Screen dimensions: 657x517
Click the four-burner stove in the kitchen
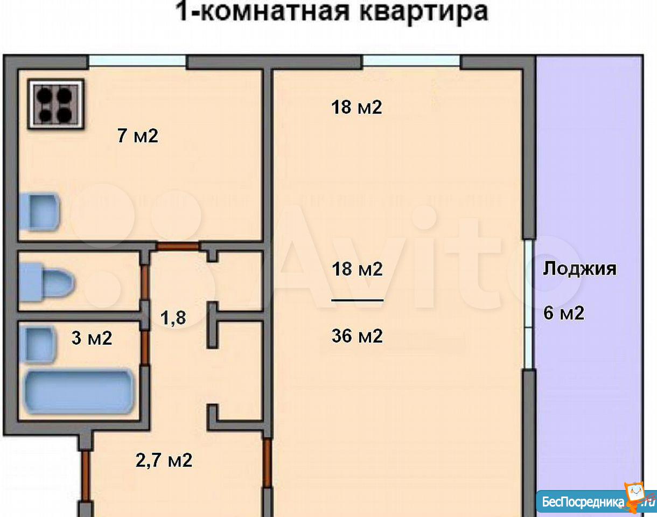click(x=56, y=104)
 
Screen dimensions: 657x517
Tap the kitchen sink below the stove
click(x=40, y=212)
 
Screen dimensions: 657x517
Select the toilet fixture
click(x=46, y=282)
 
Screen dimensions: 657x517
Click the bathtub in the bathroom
click(x=79, y=392)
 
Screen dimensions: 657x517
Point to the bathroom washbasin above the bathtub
click(x=38, y=345)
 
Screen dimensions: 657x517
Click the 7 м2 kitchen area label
click(x=138, y=136)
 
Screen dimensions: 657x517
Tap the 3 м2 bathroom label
click(x=92, y=338)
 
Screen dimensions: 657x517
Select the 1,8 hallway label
click(x=173, y=318)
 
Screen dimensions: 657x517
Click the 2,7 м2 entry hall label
click(x=164, y=460)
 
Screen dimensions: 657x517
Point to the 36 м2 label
click(x=357, y=336)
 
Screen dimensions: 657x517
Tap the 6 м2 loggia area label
click(x=564, y=313)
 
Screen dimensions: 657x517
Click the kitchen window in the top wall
click(x=137, y=61)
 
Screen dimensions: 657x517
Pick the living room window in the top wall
click(x=411, y=61)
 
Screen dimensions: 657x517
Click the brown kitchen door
click(x=178, y=247)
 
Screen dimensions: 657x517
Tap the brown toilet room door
click(x=145, y=282)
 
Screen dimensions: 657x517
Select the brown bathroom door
click(x=145, y=348)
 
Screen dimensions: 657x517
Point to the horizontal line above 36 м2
click(x=358, y=301)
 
